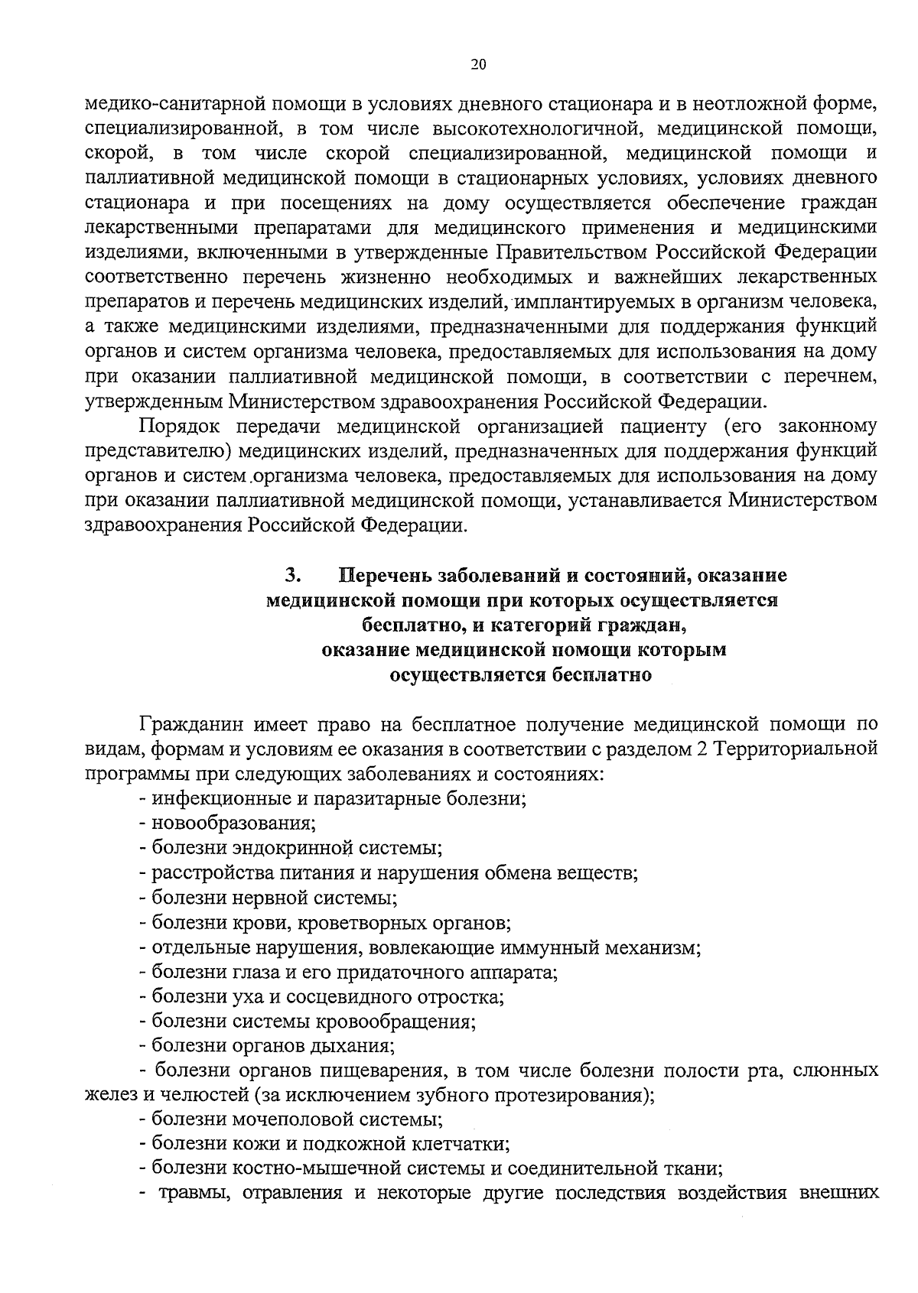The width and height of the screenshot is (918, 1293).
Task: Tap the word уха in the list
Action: [228, 998]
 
